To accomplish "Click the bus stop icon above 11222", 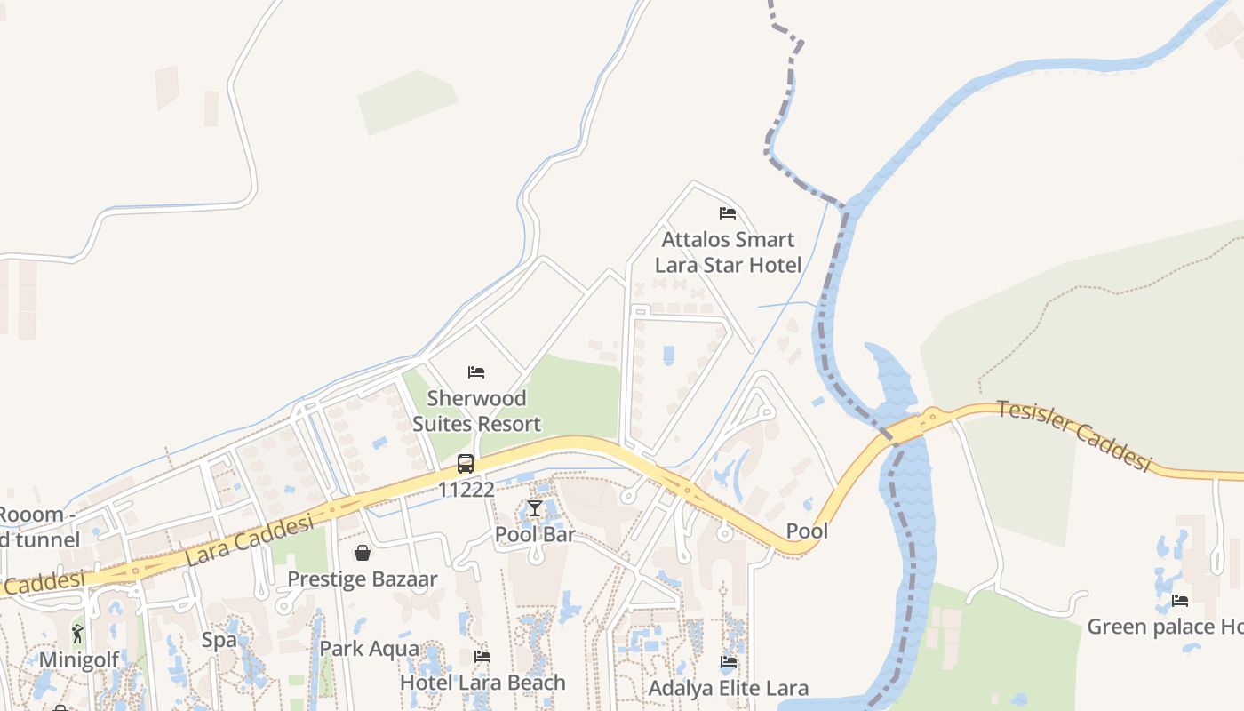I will [x=466, y=463].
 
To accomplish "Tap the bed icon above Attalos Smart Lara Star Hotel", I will [x=728, y=213].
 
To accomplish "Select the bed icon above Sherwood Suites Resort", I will [x=476, y=371].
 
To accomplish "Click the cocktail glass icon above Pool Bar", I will [x=534, y=508].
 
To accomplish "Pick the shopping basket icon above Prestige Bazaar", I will [x=363, y=553].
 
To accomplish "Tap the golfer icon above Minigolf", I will [x=78, y=634].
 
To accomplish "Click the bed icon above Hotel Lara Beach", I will [x=482, y=657].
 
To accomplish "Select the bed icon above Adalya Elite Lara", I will [x=728, y=662].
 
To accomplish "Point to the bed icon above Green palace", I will [x=1180, y=601].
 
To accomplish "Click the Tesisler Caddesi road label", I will [x=1074, y=435].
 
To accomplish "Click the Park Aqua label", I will [x=369, y=649].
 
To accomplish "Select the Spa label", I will [x=219, y=640].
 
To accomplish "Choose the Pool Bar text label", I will [x=535, y=535].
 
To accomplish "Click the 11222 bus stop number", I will [x=466, y=490].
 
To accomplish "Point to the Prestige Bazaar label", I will [x=363, y=579].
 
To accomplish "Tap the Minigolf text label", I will [x=78, y=659].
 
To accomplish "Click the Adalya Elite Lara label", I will [x=729, y=689].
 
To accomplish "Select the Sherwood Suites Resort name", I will [x=476, y=411].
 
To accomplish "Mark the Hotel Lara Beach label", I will [x=482, y=683].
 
